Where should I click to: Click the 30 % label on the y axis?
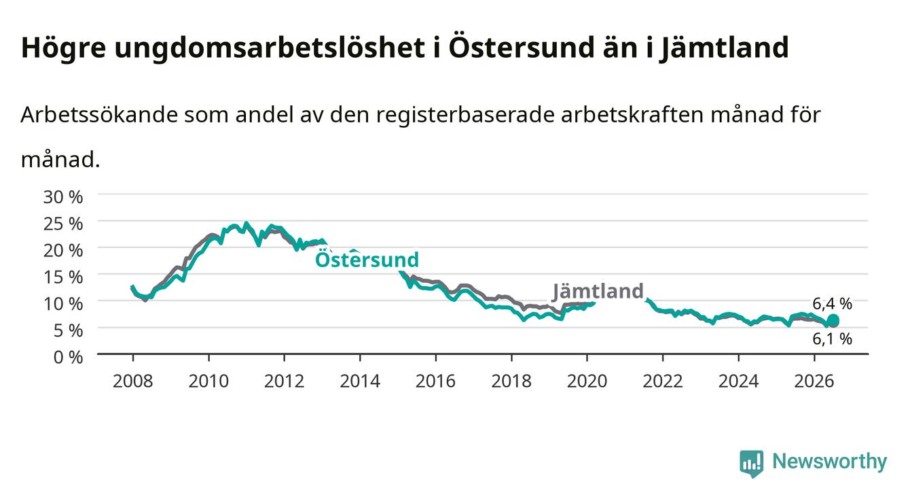click(x=63, y=197)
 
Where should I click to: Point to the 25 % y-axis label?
click(x=63, y=224)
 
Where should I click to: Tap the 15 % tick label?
click(x=63, y=277)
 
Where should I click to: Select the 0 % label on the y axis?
click(x=68, y=358)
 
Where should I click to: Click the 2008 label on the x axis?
click(x=132, y=381)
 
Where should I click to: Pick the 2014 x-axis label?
click(x=360, y=381)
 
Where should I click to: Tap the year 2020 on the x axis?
click(x=587, y=381)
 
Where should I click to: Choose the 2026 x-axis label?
click(x=814, y=381)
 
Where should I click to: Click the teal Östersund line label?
click(x=367, y=258)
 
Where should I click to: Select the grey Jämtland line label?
click(x=598, y=292)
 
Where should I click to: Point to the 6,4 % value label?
click(x=832, y=303)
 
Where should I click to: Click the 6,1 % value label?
click(x=832, y=339)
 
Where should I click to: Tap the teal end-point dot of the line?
click(x=833, y=320)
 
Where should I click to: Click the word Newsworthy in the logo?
click(x=829, y=462)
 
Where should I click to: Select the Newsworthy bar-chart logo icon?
click(x=752, y=464)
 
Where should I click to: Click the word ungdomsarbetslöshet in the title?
click(x=270, y=48)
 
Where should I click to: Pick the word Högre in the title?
click(x=63, y=48)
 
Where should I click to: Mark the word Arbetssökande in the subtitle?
click(x=99, y=115)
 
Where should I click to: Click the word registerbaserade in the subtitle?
click(x=465, y=116)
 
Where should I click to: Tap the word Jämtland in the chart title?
click(x=725, y=48)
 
